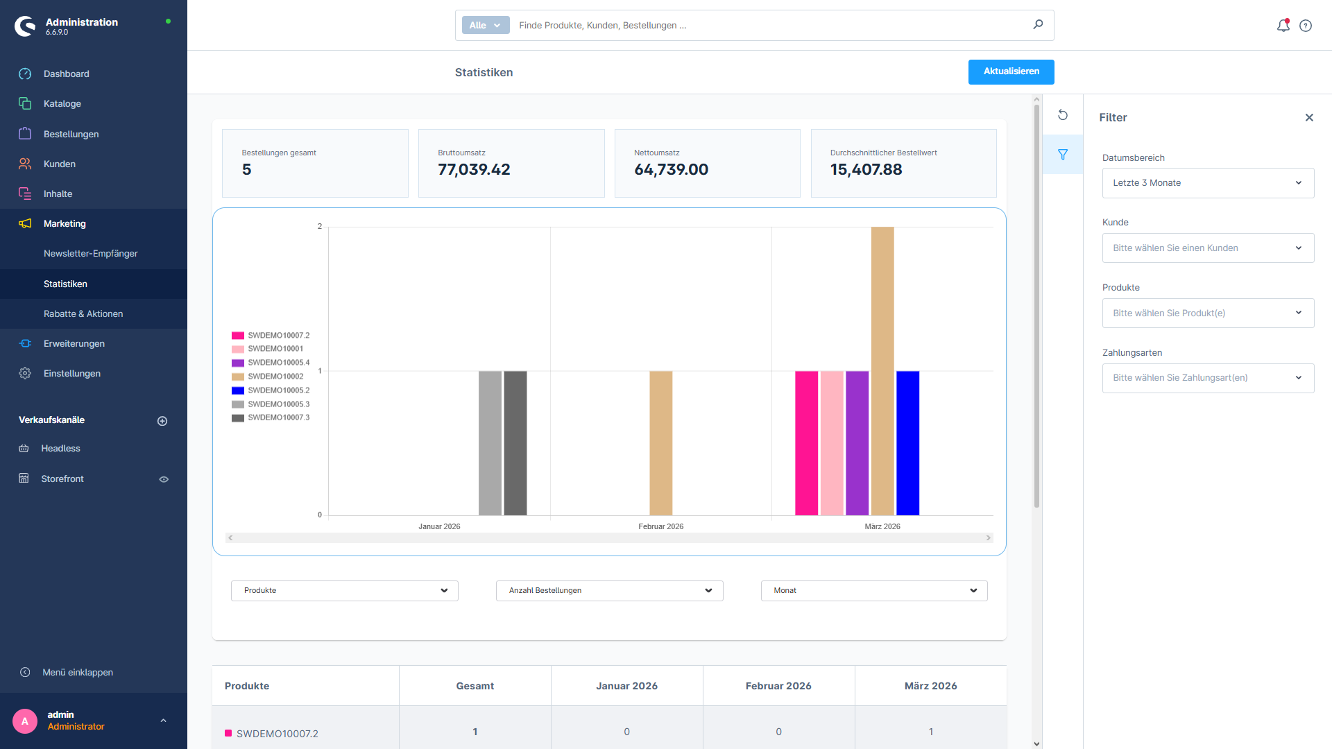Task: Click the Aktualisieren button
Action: click(1011, 71)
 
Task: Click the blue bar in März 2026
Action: click(907, 443)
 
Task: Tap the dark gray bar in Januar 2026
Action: click(515, 443)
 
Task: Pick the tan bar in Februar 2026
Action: click(660, 443)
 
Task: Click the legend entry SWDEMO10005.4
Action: click(278, 363)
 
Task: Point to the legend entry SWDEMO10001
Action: click(275, 349)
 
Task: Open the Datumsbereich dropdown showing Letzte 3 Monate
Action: click(1207, 183)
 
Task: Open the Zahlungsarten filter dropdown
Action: click(1207, 378)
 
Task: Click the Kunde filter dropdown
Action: click(1207, 248)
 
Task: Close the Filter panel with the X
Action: click(1309, 118)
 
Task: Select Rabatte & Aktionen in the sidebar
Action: click(83, 314)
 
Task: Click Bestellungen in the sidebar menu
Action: click(71, 134)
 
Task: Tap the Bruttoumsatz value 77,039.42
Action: click(474, 170)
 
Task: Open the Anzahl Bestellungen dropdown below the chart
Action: click(609, 591)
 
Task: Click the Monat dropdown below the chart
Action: click(873, 591)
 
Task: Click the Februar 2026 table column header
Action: click(778, 686)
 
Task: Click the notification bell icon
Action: click(1283, 26)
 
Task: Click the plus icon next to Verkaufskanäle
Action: click(162, 421)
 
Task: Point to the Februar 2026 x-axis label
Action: click(660, 527)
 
